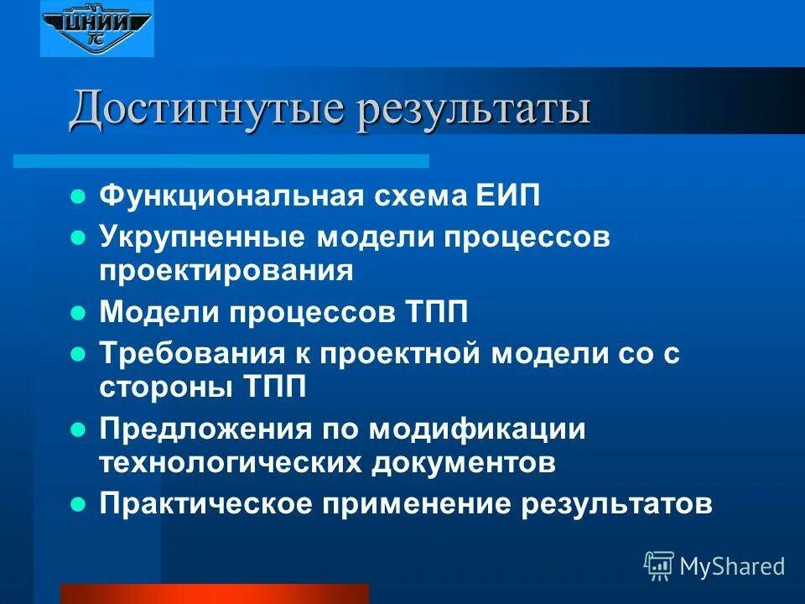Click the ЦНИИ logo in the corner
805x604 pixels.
pos(97,29)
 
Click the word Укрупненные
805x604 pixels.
pos(201,237)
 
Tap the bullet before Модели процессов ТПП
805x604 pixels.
pos(78,313)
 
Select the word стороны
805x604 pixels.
pos(165,387)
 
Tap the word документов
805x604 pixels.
pos(480,462)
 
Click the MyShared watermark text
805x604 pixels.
pos(732,566)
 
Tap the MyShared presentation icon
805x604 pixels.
pos(659,566)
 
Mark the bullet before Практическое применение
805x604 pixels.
pos(78,503)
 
